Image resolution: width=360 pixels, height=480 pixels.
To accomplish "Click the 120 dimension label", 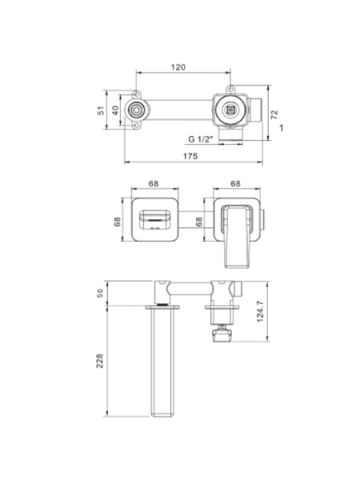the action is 178,67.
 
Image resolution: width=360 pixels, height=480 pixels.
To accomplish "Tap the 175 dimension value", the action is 190,156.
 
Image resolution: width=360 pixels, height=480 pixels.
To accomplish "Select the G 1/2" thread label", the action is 201,139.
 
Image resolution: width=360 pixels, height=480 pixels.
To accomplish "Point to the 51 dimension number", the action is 101,110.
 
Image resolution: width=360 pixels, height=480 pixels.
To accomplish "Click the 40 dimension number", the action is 115,110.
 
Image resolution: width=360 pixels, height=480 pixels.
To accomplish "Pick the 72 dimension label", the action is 274,114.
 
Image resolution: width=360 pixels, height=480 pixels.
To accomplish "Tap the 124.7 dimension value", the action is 260,311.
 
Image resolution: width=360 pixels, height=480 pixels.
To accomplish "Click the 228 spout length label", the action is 100,361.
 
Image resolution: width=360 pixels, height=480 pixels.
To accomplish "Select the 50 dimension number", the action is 100,294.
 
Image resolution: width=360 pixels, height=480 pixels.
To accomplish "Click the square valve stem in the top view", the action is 230,110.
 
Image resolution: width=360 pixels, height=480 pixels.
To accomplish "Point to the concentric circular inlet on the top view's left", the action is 136,110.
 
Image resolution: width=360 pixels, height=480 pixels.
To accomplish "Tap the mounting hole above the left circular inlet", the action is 137,94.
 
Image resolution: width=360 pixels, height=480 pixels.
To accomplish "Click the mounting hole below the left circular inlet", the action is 137,126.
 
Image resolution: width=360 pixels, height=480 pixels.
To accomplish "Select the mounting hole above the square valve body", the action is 231,90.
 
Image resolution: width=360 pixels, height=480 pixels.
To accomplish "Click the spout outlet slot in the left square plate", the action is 155,220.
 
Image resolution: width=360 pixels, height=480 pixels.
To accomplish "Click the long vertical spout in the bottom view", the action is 162,362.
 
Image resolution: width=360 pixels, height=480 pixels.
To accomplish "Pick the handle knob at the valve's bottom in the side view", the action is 223,334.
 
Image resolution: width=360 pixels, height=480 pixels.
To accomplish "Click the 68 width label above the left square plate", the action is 154,184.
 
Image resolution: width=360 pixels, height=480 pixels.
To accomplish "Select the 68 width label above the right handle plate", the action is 235,184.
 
